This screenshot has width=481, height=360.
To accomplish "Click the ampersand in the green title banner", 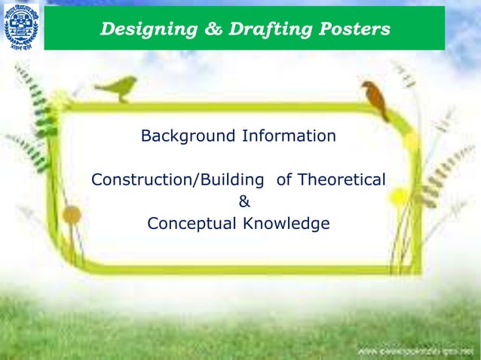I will [x=196, y=29].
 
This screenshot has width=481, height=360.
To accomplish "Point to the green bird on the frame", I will [x=118, y=87].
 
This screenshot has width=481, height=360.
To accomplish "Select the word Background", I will [x=188, y=136].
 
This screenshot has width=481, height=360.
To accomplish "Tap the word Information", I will [x=289, y=136].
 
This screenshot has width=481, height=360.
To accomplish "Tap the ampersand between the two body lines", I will [x=244, y=202].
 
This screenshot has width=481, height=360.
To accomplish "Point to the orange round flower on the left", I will [x=72, y=215].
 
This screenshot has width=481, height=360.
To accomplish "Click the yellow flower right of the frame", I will [x=412, y=140].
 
